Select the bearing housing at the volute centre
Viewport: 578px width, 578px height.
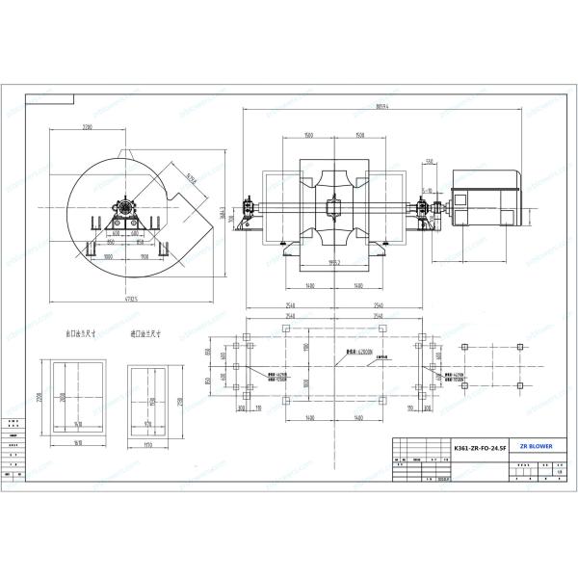tap(125, 206)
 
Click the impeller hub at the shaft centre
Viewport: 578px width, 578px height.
tap(333, 206)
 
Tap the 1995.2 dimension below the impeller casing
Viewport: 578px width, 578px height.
tap(333, 263)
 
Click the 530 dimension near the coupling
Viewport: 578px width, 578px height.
tap(430, 162)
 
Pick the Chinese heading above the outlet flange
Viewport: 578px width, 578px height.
tap(79, 336)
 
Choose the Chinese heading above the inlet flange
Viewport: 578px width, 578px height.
tap(144, 336)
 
